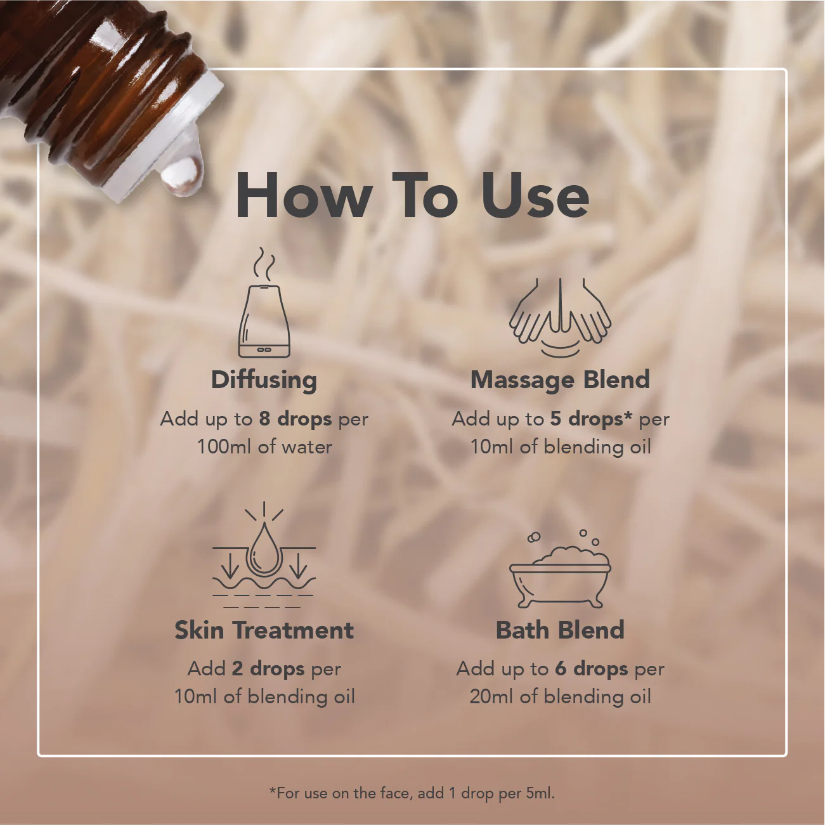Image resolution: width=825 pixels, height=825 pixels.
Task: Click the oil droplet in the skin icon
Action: tap(263, 550)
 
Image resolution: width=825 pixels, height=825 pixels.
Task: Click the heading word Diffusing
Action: tap(264, 380)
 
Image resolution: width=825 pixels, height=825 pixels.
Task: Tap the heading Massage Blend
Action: tap(560, 380)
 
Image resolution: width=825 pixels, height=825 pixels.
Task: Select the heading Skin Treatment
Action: tap(264, 630)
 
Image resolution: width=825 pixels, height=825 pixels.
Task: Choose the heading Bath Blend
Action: tap(560, 630)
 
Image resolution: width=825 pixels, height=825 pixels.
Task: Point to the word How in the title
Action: tap(304, 196)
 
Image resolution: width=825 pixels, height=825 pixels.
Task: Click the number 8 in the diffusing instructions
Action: tap(264, 419)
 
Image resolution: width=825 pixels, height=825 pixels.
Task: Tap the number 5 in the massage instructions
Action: tap(555, 419)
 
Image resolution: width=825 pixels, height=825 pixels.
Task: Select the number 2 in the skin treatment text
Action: tap(237, 669)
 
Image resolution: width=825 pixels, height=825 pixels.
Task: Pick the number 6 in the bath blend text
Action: tap(561, 669)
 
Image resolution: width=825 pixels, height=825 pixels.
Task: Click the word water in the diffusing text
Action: tap(307, 447)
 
